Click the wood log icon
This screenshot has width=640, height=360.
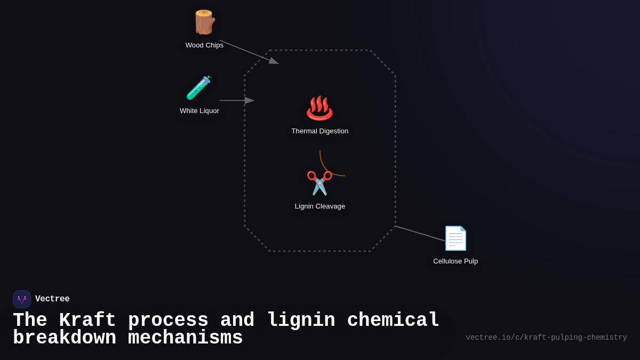pyautogui.click(x=204, y=22)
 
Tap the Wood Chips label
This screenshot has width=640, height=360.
pyautogui.click(x=204, y=45)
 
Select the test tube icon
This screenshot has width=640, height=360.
pyautogui.click(x=199, y=88)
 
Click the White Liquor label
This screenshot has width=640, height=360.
pyautogui.click(x=199, y=111)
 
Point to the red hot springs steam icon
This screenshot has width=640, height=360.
pyautogui.click(x=319, y=108)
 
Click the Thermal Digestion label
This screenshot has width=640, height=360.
pyautogui.click(x=320, y=131)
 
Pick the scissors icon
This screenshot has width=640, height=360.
pyautogui.click(x=319, y=183)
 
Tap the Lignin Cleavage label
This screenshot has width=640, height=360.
pyautogui.click(x=320, y=206)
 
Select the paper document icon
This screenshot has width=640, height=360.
pyautogui.click(x=455, y=238)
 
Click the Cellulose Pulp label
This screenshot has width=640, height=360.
pyautogui.click(x=455, y=261)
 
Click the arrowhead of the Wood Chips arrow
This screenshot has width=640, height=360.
pyautogui.click(x=274, y=61)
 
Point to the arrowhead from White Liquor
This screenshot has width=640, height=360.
pyautogui.click(x=250, y=100)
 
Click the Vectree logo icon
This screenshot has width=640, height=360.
pyautogui.click(x=22, y=299)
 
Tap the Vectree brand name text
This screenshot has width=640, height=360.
pyautogui.click(x=52, y=299)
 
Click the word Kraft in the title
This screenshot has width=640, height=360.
pyautogui.click(x=87, y=321)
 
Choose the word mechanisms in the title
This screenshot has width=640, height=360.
pyautogui.click(x=185, y=338)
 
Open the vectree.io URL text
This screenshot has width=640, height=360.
pyautogui.click(x=546, y=338)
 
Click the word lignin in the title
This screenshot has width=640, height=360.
pyautogui.click(x=301, y=321)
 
